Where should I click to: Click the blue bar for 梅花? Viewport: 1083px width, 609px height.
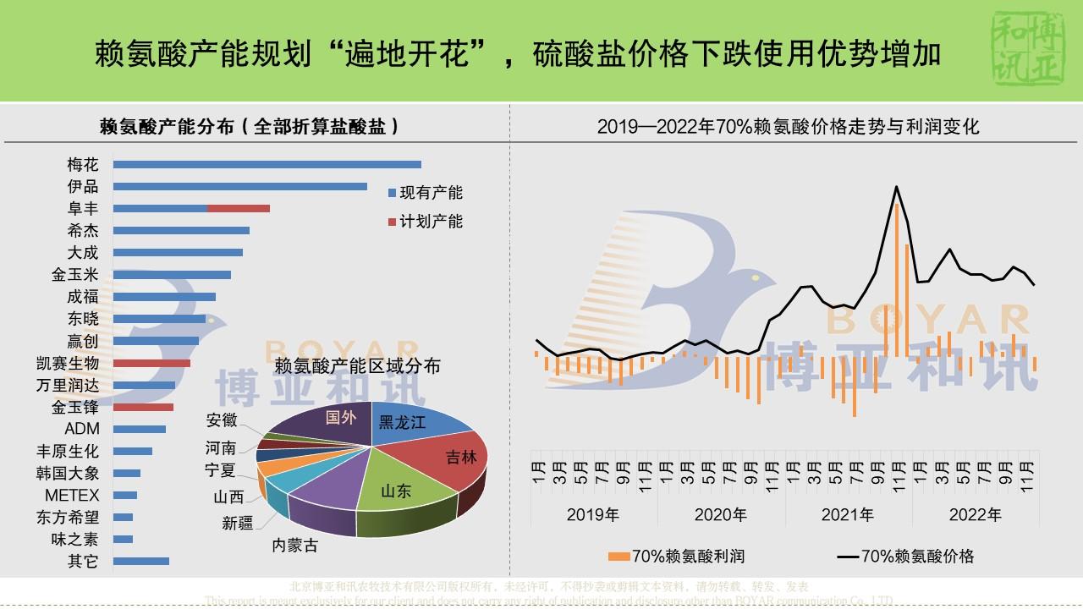pyautogui.click(x=267, y=164)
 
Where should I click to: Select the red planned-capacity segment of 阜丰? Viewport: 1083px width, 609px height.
pyautogui.click(x=239, y=208)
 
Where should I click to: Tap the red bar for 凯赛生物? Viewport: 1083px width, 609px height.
pyautogui.click(x=151, y=363)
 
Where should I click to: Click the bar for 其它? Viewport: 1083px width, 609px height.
pyautogui.click(x=141, y=561)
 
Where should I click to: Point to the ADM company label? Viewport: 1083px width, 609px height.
pyautogui.click(x=82, y=429)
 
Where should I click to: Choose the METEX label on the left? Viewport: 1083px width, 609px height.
pyautogui.click(x=72, y=495)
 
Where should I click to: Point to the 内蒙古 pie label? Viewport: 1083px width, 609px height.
pyautogui.click(x=294, y=546)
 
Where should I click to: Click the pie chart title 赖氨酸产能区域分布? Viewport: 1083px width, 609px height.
pyautogui.click(x=358, y=365)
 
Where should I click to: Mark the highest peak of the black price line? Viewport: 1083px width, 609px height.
pyautogui.click(x=896, y=187)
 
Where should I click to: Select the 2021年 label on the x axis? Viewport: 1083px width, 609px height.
pyautogui.click(x=848, y=514)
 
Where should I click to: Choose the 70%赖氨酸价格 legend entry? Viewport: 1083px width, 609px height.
pyautogui.click(x=906, y=556)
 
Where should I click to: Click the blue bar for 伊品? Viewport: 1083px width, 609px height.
pyautogui.click(x=239, y=186)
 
